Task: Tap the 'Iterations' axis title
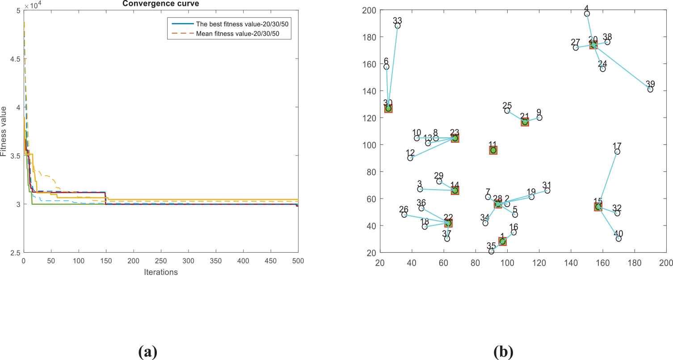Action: [161, 272]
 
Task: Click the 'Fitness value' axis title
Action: [4, 131]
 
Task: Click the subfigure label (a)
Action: [148, 352]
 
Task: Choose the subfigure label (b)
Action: [504, 352]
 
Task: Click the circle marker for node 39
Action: [650, 89]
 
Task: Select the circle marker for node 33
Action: [398, 26]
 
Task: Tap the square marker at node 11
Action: [493, 150]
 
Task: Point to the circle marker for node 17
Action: [617, 152]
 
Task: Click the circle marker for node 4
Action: [587, 14]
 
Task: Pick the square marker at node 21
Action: [525, 122]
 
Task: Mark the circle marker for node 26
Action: [404, 215]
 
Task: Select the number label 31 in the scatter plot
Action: [547, 185]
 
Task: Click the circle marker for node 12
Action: [410, 158]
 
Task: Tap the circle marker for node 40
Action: [618, 239]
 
